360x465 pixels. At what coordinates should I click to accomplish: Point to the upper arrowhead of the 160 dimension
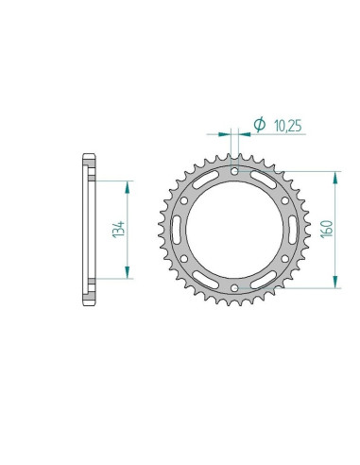click(x=335, y=176)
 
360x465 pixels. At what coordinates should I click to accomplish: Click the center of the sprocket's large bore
click(x=234, y=228)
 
